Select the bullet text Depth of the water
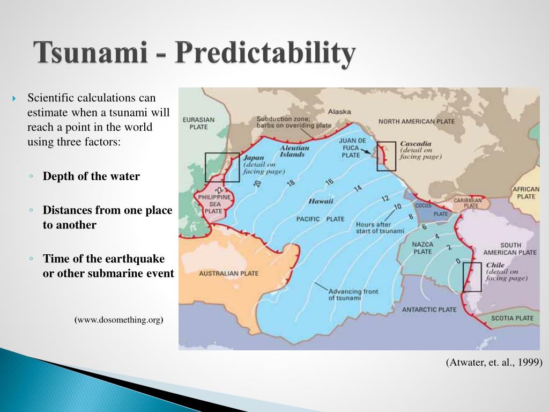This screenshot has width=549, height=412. (x=91, y=176)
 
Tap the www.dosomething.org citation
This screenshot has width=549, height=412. (x=119, y=320)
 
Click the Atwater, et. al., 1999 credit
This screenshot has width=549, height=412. (x=494, y=363)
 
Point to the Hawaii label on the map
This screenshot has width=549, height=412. (x=321, y=201)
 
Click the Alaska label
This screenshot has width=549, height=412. (x=339, y=112)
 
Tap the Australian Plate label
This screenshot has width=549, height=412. (x=229, y=274)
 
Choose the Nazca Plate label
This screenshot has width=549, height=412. (x=422, y=247)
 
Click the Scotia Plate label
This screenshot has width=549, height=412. (x=513, y=318)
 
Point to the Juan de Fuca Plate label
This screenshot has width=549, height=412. (x=352, y=148)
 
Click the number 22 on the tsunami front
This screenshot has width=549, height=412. (x=219, y=190)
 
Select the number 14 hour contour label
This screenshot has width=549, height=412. (x=358, y=188)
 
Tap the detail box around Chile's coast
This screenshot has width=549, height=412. (x=472, y=277)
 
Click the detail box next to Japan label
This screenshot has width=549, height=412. (x=222, y=167)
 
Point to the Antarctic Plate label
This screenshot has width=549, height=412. (x=429, y=310)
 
